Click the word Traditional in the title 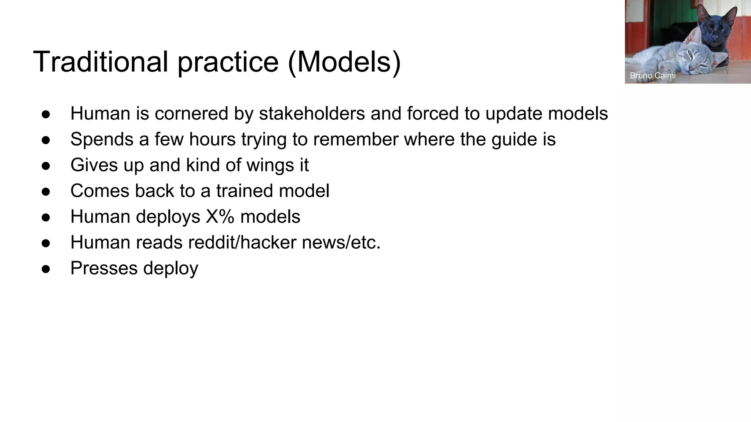[100, 62]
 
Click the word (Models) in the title [344, 62]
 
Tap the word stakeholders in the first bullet [312, 113]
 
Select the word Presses [104, 268]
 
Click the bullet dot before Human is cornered [46, 114]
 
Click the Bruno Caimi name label [652, 75]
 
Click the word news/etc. [341, 242]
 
